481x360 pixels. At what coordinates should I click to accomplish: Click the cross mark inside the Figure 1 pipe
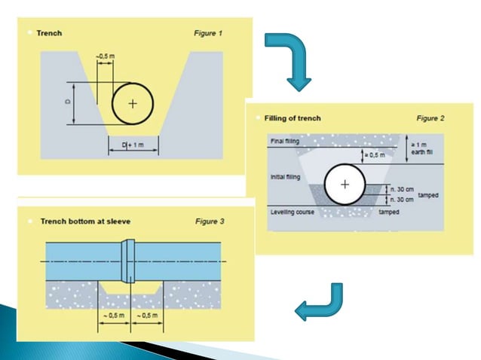(132, 104)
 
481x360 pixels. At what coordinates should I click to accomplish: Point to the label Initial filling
(284, 178)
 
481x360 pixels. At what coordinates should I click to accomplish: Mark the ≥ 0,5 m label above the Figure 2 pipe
(375, 155)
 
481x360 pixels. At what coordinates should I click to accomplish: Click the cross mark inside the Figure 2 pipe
(345, 185)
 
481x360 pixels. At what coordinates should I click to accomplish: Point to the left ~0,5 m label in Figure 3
(114, 313)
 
